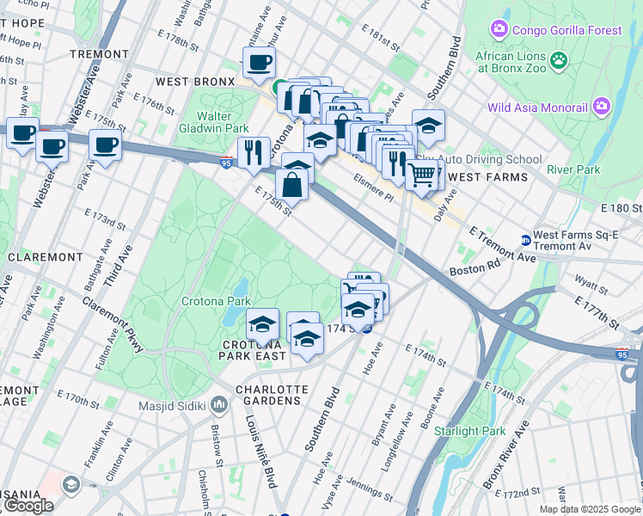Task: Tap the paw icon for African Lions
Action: point(560,60)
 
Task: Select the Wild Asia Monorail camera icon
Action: point(601,107)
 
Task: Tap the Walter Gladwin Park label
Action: point(222,122)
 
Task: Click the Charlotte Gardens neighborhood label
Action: point(269,394)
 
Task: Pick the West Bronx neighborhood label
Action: point(195,82)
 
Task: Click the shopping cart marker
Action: point(421,174)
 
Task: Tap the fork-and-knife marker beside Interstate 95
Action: point(252,152)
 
